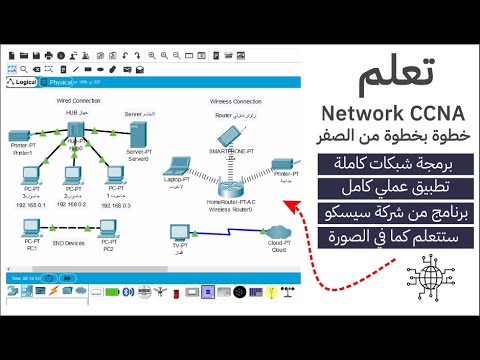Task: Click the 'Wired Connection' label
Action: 78,102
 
